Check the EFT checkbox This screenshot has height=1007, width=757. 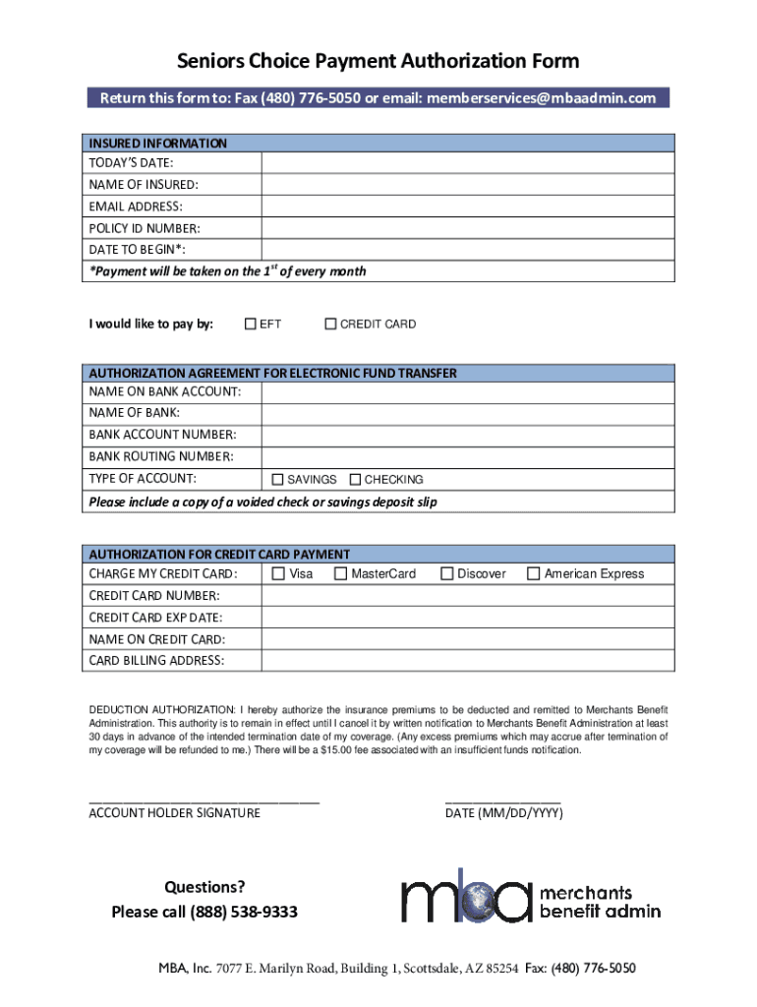click(251, 324)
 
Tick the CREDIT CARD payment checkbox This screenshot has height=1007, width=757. click(330, 324)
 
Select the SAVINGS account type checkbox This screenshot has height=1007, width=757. click(277, 479)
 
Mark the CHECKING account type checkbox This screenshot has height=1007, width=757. click(355, 479)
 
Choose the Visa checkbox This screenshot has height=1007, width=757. click(278, 573)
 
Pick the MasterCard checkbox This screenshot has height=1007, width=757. click(340, 573)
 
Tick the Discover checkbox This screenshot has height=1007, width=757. click(447, 573)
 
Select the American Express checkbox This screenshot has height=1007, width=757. click(534, 573)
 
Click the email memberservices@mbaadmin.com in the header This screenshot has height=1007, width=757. click(541, 98)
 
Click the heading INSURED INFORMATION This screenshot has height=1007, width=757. click(158, 143)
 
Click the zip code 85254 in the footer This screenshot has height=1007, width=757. click(501, 970)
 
